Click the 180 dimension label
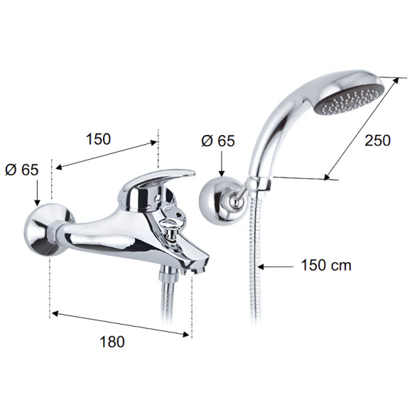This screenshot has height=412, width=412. click(112, 342)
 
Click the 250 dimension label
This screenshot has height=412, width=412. click(378, 141)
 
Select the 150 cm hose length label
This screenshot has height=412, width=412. click(326, 265)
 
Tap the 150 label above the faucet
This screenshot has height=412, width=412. click(99, 139)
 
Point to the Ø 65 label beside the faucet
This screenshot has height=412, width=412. click(22, 170)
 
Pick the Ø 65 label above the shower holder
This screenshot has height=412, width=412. click(218, 141)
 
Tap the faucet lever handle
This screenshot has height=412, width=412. click(158, 178)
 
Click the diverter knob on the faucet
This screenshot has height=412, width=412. click(171, 229)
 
